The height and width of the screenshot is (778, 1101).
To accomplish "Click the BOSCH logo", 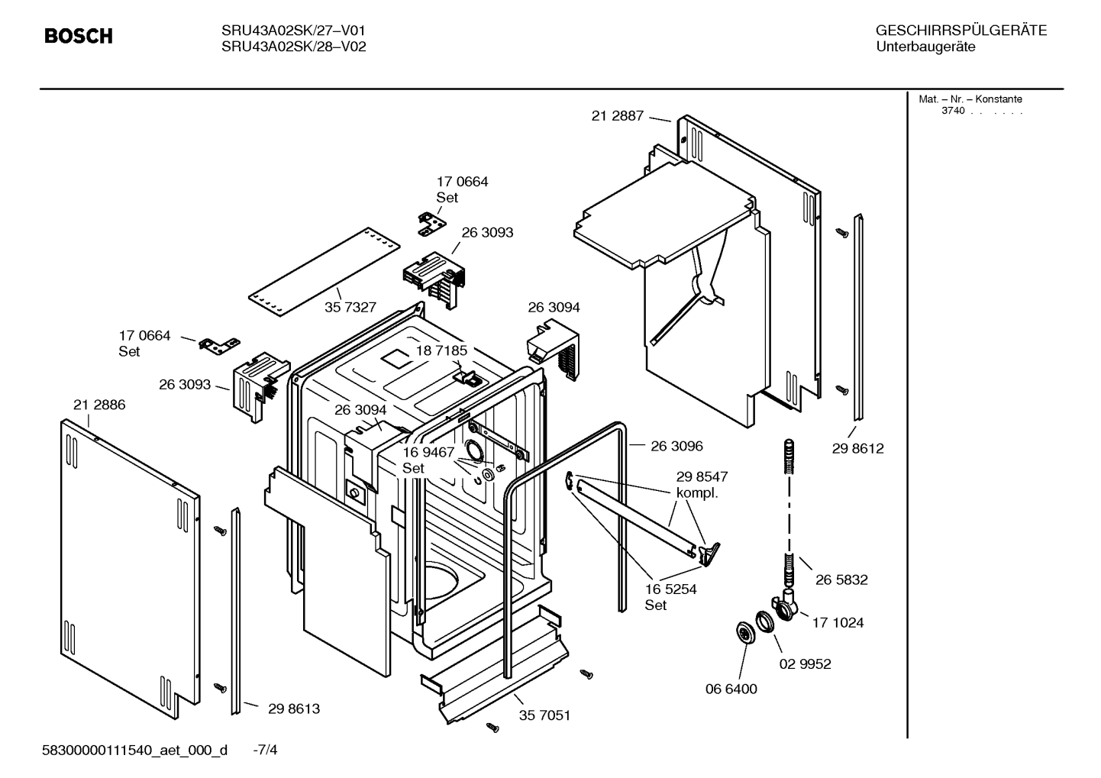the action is coord(79,36).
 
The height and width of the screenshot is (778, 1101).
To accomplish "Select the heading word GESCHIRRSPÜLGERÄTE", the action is coord(961,31).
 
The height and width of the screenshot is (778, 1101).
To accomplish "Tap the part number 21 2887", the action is coord(618,115).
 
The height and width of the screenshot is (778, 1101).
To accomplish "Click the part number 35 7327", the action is coord(350,307).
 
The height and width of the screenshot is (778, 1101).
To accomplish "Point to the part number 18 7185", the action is coord(441,350).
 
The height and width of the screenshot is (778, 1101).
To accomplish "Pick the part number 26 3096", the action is coord(676,446).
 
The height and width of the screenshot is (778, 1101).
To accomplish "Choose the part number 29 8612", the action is coord(857,448).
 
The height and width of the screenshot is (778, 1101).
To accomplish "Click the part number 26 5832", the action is coord(841,580).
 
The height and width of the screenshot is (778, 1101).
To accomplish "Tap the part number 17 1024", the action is coord(838,623).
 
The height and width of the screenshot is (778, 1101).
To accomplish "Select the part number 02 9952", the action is coord(805,664).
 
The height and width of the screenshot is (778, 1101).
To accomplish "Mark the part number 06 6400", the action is coord(731,689).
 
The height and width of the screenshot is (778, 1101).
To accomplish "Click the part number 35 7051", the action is coord(544,715).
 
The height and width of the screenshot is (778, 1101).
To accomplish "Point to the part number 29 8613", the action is coord(294,709).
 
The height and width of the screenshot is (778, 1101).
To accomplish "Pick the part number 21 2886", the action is coord(99,405).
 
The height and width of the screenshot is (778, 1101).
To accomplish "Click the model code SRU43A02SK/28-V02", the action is coord(293,47).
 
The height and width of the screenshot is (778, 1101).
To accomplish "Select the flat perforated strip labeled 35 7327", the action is coord(324,272).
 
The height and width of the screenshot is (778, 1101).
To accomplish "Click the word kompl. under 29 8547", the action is coord(697,493).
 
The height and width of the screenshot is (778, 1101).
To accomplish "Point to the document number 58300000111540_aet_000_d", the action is coord(134,751).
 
